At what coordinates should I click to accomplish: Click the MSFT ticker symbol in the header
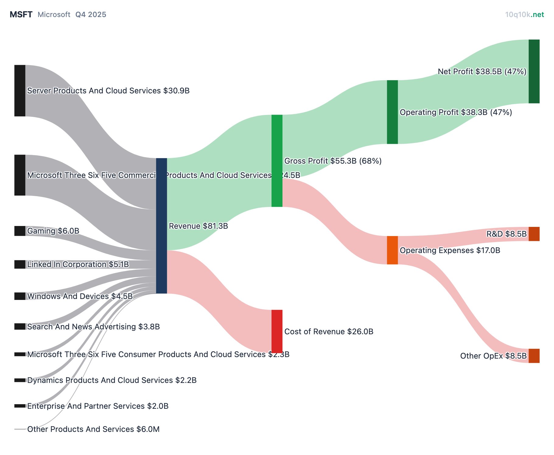(x=21, y=15)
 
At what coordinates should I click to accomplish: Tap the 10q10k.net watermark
(x=524, y=15)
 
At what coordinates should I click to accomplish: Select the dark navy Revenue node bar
(x=161, y=226)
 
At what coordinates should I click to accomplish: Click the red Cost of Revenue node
(x=277, y=331)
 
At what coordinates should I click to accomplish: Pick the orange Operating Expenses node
(x=392, y=250)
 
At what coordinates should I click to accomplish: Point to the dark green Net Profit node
(x=534, y=71)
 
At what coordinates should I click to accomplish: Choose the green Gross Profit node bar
(x=277, y=161)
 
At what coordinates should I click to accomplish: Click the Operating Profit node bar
(x=392, y=112)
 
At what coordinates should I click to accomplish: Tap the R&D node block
(x=534, y=234)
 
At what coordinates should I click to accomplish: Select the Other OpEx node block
(x=534, y=356)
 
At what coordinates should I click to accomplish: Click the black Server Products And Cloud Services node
(x=20, y=90)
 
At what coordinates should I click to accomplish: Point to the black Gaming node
(x=20, y=231)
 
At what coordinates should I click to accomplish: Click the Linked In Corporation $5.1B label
(x=78, y=264)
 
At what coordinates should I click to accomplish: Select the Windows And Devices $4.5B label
(x=80, y=296)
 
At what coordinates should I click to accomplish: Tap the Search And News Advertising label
(x=93, y=327)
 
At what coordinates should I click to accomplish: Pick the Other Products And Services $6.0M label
(x=93, y=429)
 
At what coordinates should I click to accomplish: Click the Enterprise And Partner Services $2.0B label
(x=98, y=406)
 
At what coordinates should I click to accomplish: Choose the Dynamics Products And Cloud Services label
(x=112, y=380)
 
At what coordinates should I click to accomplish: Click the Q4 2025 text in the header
(x=91, y=15)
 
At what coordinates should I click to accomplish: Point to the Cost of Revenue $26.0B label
(x=329, y=332)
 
